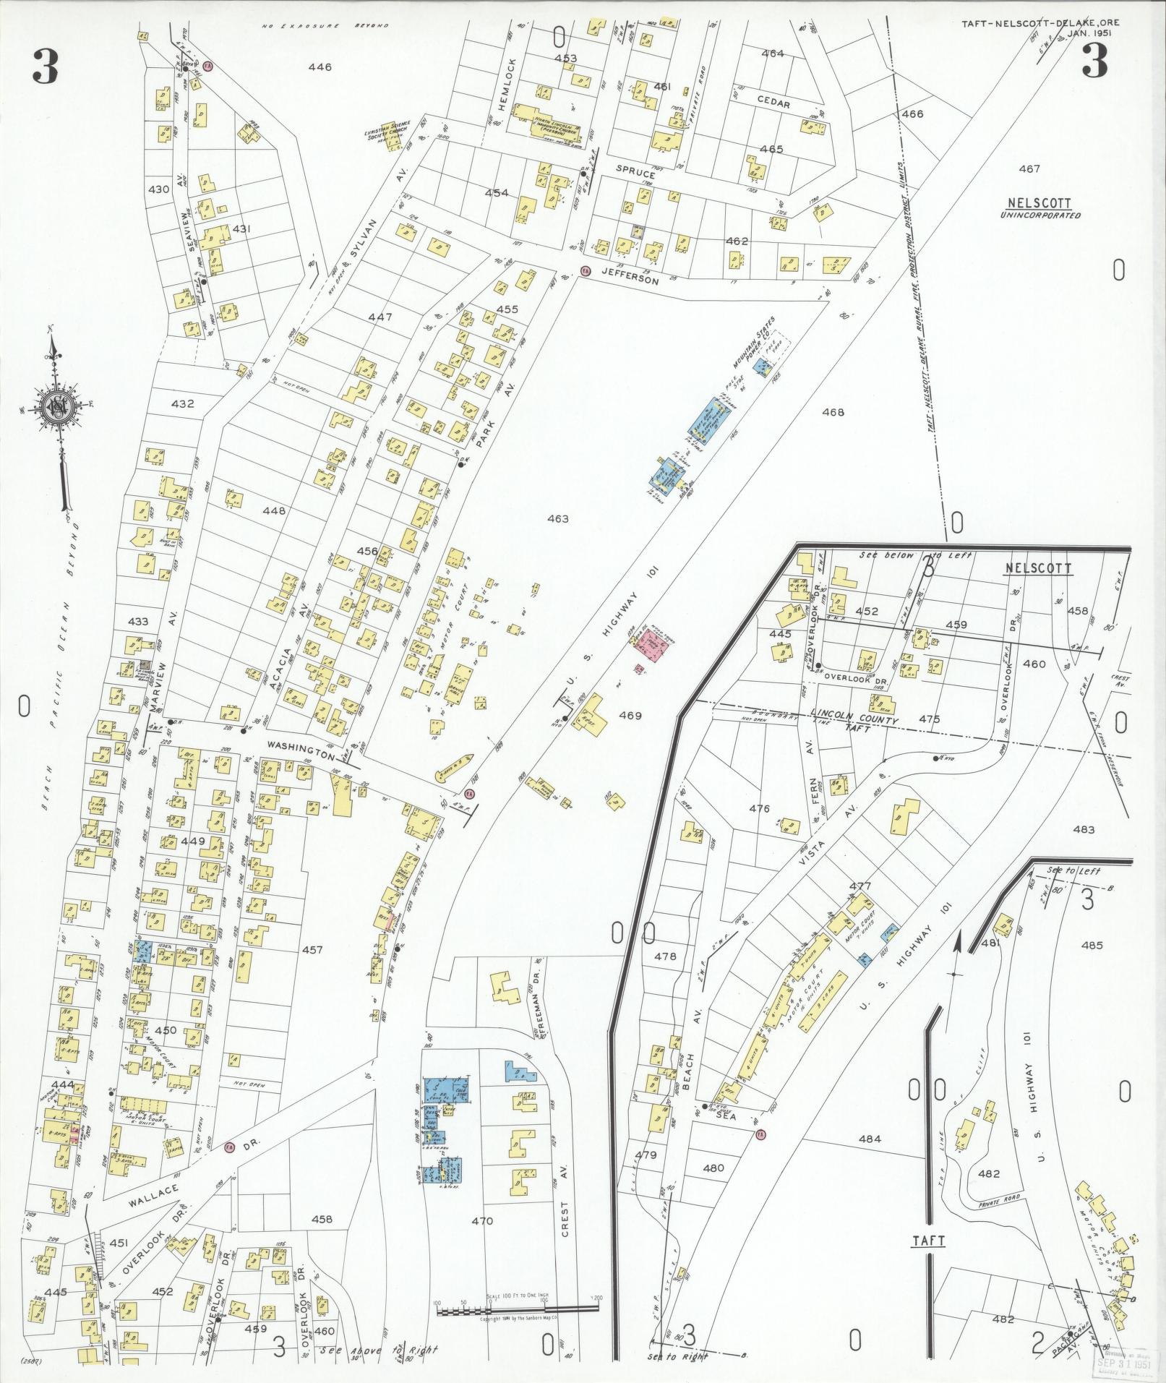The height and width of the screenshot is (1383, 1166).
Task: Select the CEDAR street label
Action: [773, 103]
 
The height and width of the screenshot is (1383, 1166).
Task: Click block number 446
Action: [320, 67]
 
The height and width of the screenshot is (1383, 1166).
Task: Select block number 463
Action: [558, 518]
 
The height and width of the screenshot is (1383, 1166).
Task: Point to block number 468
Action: [833, 412]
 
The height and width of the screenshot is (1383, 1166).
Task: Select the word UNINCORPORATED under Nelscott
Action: [1041, 215]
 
